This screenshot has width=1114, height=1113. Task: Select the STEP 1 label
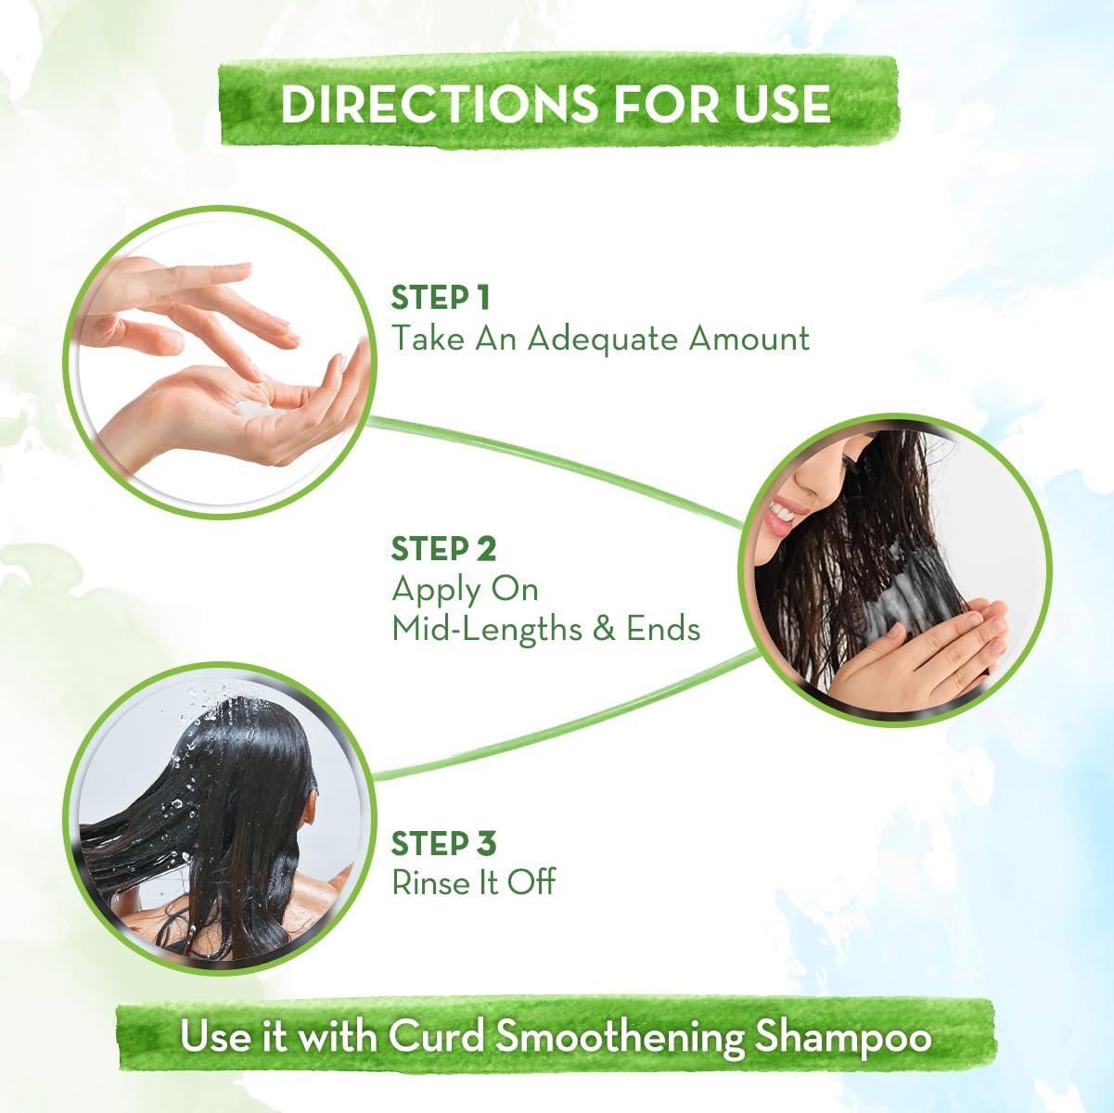coord(440,298)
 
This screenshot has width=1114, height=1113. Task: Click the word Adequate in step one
coord(603,339)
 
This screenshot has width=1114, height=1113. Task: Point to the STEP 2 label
coord(443,549)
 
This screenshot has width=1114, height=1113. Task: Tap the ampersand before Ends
coord(604,629)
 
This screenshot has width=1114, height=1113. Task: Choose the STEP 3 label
coord(443,844)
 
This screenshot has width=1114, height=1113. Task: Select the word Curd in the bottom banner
coord(436,1036)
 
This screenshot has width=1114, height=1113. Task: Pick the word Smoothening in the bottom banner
coord(620,1037)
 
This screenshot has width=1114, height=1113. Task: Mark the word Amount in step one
coord(749,339)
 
